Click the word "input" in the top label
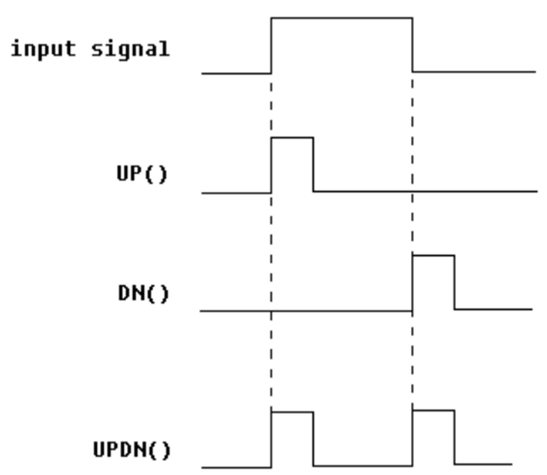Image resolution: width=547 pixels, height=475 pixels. (44, 49)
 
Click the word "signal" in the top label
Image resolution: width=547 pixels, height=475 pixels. (130, 49)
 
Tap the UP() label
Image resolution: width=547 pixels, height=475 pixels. (142, 173)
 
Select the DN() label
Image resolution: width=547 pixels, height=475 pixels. (143, 293)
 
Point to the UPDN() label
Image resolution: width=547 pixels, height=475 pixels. (131, 450)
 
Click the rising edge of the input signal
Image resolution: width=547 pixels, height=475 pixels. (271, 45)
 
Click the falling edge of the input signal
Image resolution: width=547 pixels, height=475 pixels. (412, 45)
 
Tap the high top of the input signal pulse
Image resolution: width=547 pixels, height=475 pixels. (342, 18)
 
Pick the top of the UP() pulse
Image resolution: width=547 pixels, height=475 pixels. (292, 138)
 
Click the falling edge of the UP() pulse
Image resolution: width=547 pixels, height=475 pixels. (313, 164)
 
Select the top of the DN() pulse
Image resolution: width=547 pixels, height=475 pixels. (433, 255)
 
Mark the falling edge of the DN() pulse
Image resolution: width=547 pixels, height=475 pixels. (454, 282)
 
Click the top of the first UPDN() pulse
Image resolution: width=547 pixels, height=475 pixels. (292, 412)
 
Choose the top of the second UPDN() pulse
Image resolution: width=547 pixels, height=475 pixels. (433, 411)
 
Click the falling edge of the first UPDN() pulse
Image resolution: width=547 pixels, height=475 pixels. (313, 439)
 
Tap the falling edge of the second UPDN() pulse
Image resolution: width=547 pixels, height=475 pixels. (454, 438)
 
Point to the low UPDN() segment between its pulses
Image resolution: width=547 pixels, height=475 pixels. (363, 466)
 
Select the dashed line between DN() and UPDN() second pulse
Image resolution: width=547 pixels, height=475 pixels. (412, 359)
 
